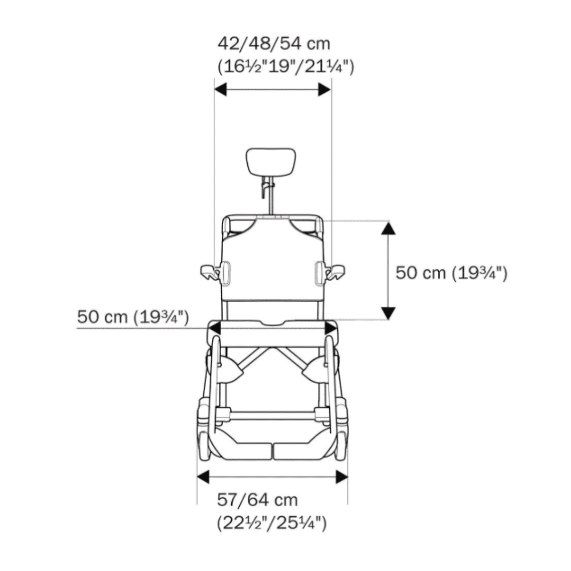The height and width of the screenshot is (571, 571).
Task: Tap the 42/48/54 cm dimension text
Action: coord(274,44)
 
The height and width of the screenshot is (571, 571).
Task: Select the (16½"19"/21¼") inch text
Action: coord(285,66)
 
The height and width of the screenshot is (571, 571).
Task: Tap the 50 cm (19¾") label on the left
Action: coord(133,316)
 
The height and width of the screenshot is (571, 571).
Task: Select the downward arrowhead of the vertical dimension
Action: coord(389,313)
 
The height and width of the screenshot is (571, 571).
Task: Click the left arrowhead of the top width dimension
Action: coord(221,89)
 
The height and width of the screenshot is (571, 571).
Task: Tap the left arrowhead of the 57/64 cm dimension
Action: coord(204,476)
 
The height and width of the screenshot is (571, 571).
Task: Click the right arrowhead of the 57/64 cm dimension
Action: coord(342,476)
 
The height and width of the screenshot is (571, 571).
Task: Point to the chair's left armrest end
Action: coord(208,272)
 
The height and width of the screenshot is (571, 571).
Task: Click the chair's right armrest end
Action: coord(337,272)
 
